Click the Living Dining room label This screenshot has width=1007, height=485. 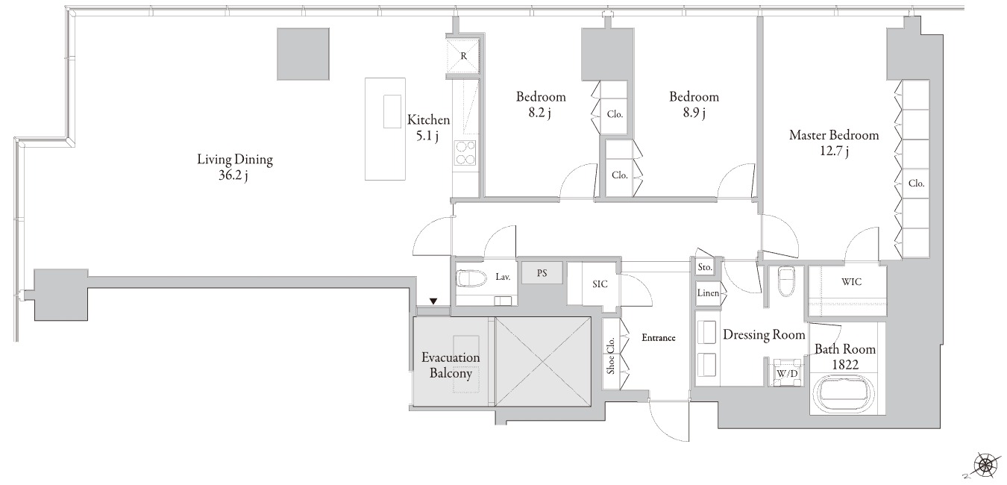(x=235, y=160)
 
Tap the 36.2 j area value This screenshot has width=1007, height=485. (x=233, y=175)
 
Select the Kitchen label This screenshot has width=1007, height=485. (x=428, y=120)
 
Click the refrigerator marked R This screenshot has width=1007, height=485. (x=463, y=56)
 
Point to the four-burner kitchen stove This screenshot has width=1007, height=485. (x=465, y=153)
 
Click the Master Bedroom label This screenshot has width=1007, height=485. (x=834, y=135)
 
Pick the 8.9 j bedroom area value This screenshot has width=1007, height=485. (x=694, y=113)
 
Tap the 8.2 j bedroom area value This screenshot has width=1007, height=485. (x=539, y=113)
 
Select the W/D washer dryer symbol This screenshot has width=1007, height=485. (x=787, y=372)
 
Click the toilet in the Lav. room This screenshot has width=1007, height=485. (x=471, y=278)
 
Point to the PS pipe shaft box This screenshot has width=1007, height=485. (x=542, y=273)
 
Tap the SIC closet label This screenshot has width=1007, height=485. (x=600, y=284)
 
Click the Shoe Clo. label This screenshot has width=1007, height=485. (x=610, y=356)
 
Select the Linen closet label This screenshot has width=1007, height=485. (x=708, y=293)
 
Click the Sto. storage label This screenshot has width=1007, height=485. (x=705, y=267)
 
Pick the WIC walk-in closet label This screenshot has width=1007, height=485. (x=851, y=282)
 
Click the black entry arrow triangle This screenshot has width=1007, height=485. (x=433, y=301)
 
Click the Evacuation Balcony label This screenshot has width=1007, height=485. (x=451, y=366)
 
